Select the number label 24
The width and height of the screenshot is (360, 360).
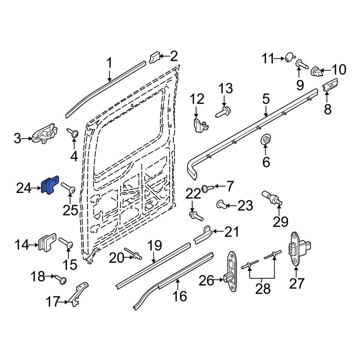25,188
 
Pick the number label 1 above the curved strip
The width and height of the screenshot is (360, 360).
109,64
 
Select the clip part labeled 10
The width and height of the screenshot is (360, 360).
316,71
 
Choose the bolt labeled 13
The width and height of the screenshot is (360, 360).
224,112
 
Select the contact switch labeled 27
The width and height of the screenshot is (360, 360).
297,249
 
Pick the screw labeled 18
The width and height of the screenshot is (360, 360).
60,279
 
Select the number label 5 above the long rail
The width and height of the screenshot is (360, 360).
266,99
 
